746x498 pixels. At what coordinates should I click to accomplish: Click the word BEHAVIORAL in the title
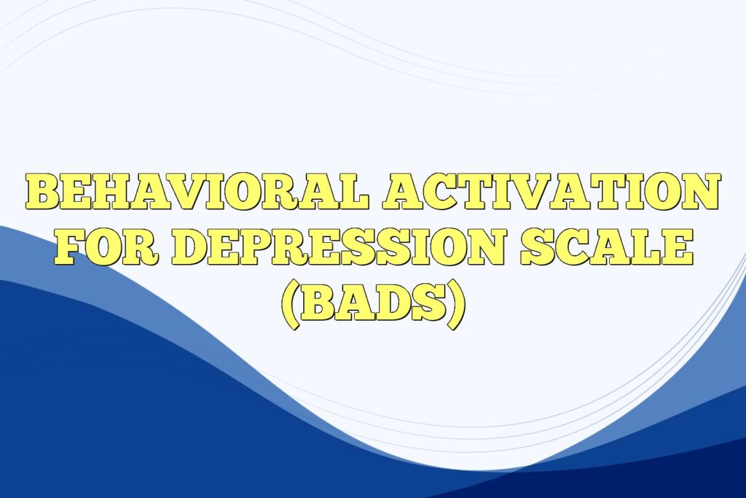pos(199,191)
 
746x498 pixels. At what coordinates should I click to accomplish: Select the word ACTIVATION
pos(551,191)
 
